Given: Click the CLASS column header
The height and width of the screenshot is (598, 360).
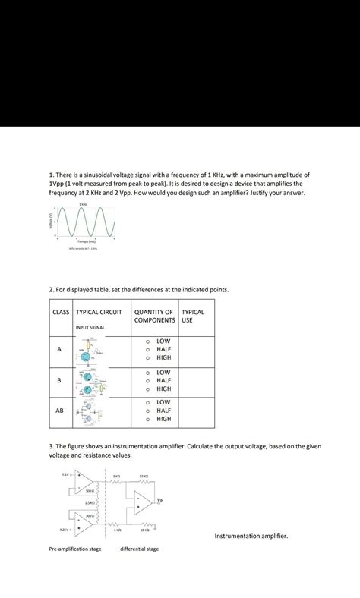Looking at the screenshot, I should [x=61, y=312].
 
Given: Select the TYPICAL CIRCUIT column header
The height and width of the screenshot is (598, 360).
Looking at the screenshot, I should [x=99, y=312].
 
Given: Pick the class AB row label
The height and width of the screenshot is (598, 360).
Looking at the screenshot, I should [x=60, y=411].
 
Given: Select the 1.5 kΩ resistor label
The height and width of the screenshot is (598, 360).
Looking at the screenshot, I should [x=89, y=502].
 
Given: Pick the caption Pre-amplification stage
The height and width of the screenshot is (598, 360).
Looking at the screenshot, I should [x=75, y=549].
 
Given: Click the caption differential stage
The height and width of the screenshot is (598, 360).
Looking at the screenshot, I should [x=140, y=549].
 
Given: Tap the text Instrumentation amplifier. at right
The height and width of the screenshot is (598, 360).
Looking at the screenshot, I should [x=251, y=536].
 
